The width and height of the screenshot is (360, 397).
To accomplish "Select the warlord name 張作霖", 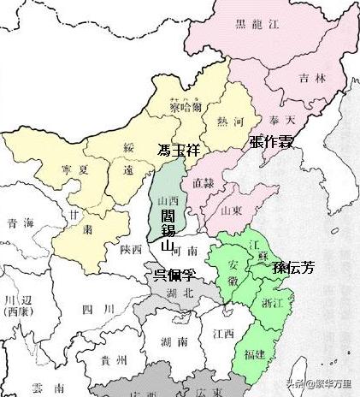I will [x=271, y=142].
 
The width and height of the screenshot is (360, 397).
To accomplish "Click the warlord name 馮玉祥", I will [x=184, y=150].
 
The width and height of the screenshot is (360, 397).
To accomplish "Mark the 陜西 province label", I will [x=131, y=249].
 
